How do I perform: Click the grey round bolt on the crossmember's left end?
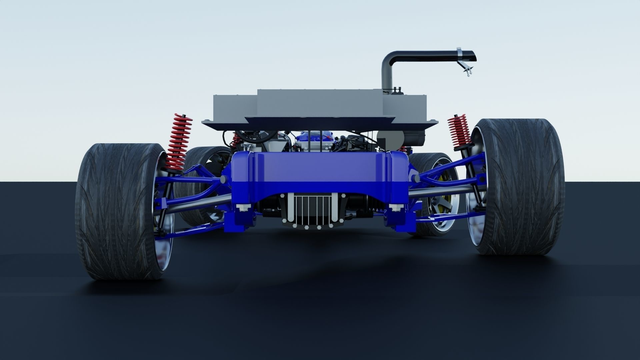(x=222, y=180)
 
